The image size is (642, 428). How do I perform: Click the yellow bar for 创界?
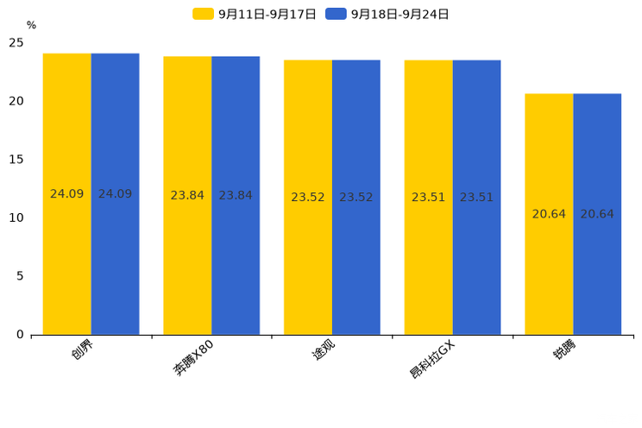coord(66,194)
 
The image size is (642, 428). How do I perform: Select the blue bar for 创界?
coord(115,194)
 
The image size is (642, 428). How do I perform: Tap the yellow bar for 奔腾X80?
coord(187,196)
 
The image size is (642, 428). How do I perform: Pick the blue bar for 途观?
coord(356,198)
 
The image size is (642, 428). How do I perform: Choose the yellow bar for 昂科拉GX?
coord(428,198)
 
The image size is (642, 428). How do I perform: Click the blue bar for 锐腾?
coord(597,214)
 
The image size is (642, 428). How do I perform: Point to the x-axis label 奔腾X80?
coord(193,357)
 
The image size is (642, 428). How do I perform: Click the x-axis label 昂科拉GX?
coord(432,359)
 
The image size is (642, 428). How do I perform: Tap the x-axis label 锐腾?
coord(564,349)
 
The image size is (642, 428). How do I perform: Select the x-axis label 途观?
coord(324,349)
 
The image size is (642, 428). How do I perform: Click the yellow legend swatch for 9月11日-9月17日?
coord(203,14)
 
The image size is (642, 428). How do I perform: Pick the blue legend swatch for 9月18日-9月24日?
coord(337,14)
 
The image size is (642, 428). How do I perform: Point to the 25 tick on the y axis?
coord(16,42)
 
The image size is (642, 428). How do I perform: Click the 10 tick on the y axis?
coord(16,218)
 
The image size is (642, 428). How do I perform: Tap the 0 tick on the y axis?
coord(20,335)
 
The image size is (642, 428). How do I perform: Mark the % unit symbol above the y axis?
coord(32,25)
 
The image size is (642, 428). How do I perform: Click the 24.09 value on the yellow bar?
coord(66,194)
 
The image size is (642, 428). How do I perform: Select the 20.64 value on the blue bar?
coord(597,214)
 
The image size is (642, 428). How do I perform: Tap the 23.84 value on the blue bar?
coord(236,195)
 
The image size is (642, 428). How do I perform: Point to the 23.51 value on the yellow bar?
coord(428,197)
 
